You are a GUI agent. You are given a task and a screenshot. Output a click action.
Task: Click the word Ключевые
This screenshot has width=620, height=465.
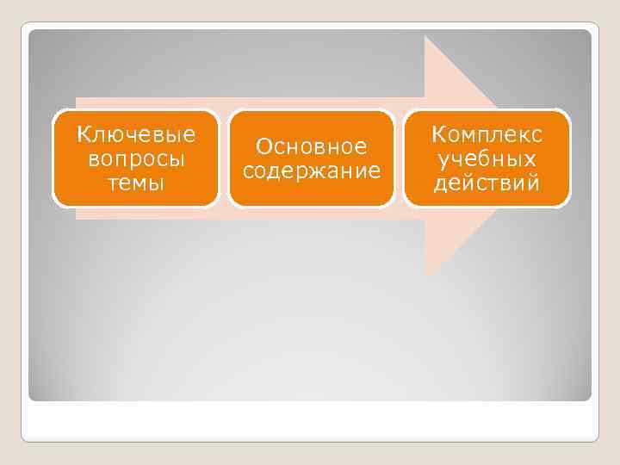tap(136, 136)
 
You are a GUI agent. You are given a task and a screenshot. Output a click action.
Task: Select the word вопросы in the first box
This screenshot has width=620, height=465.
tap(136, 159)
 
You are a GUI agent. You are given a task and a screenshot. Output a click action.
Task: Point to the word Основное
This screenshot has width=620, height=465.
tap(312, 146)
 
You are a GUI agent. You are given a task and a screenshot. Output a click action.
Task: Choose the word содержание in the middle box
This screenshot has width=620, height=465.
tap(312, 170)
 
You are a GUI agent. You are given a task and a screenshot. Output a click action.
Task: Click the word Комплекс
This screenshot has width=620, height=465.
tap(487, 136)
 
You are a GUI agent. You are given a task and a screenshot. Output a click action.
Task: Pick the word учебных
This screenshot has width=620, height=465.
tap(487, 159)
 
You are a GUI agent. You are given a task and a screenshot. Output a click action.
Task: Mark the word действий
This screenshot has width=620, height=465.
tap(487, 183)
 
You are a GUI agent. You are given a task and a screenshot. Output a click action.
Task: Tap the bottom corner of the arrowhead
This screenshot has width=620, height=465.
tap(425, 275)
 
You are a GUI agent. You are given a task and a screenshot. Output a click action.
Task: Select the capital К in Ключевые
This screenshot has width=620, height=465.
tap(83, 136)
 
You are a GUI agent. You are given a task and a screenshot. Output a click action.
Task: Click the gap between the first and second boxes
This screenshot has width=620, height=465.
tap(224, 158)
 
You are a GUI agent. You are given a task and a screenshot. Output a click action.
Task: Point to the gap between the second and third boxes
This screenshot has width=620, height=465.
tap(400, 158)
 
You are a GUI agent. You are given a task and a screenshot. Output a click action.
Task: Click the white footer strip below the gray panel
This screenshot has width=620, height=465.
tap(310, 421)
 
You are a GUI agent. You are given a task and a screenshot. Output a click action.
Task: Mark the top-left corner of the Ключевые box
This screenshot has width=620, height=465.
tap(55, 111)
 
